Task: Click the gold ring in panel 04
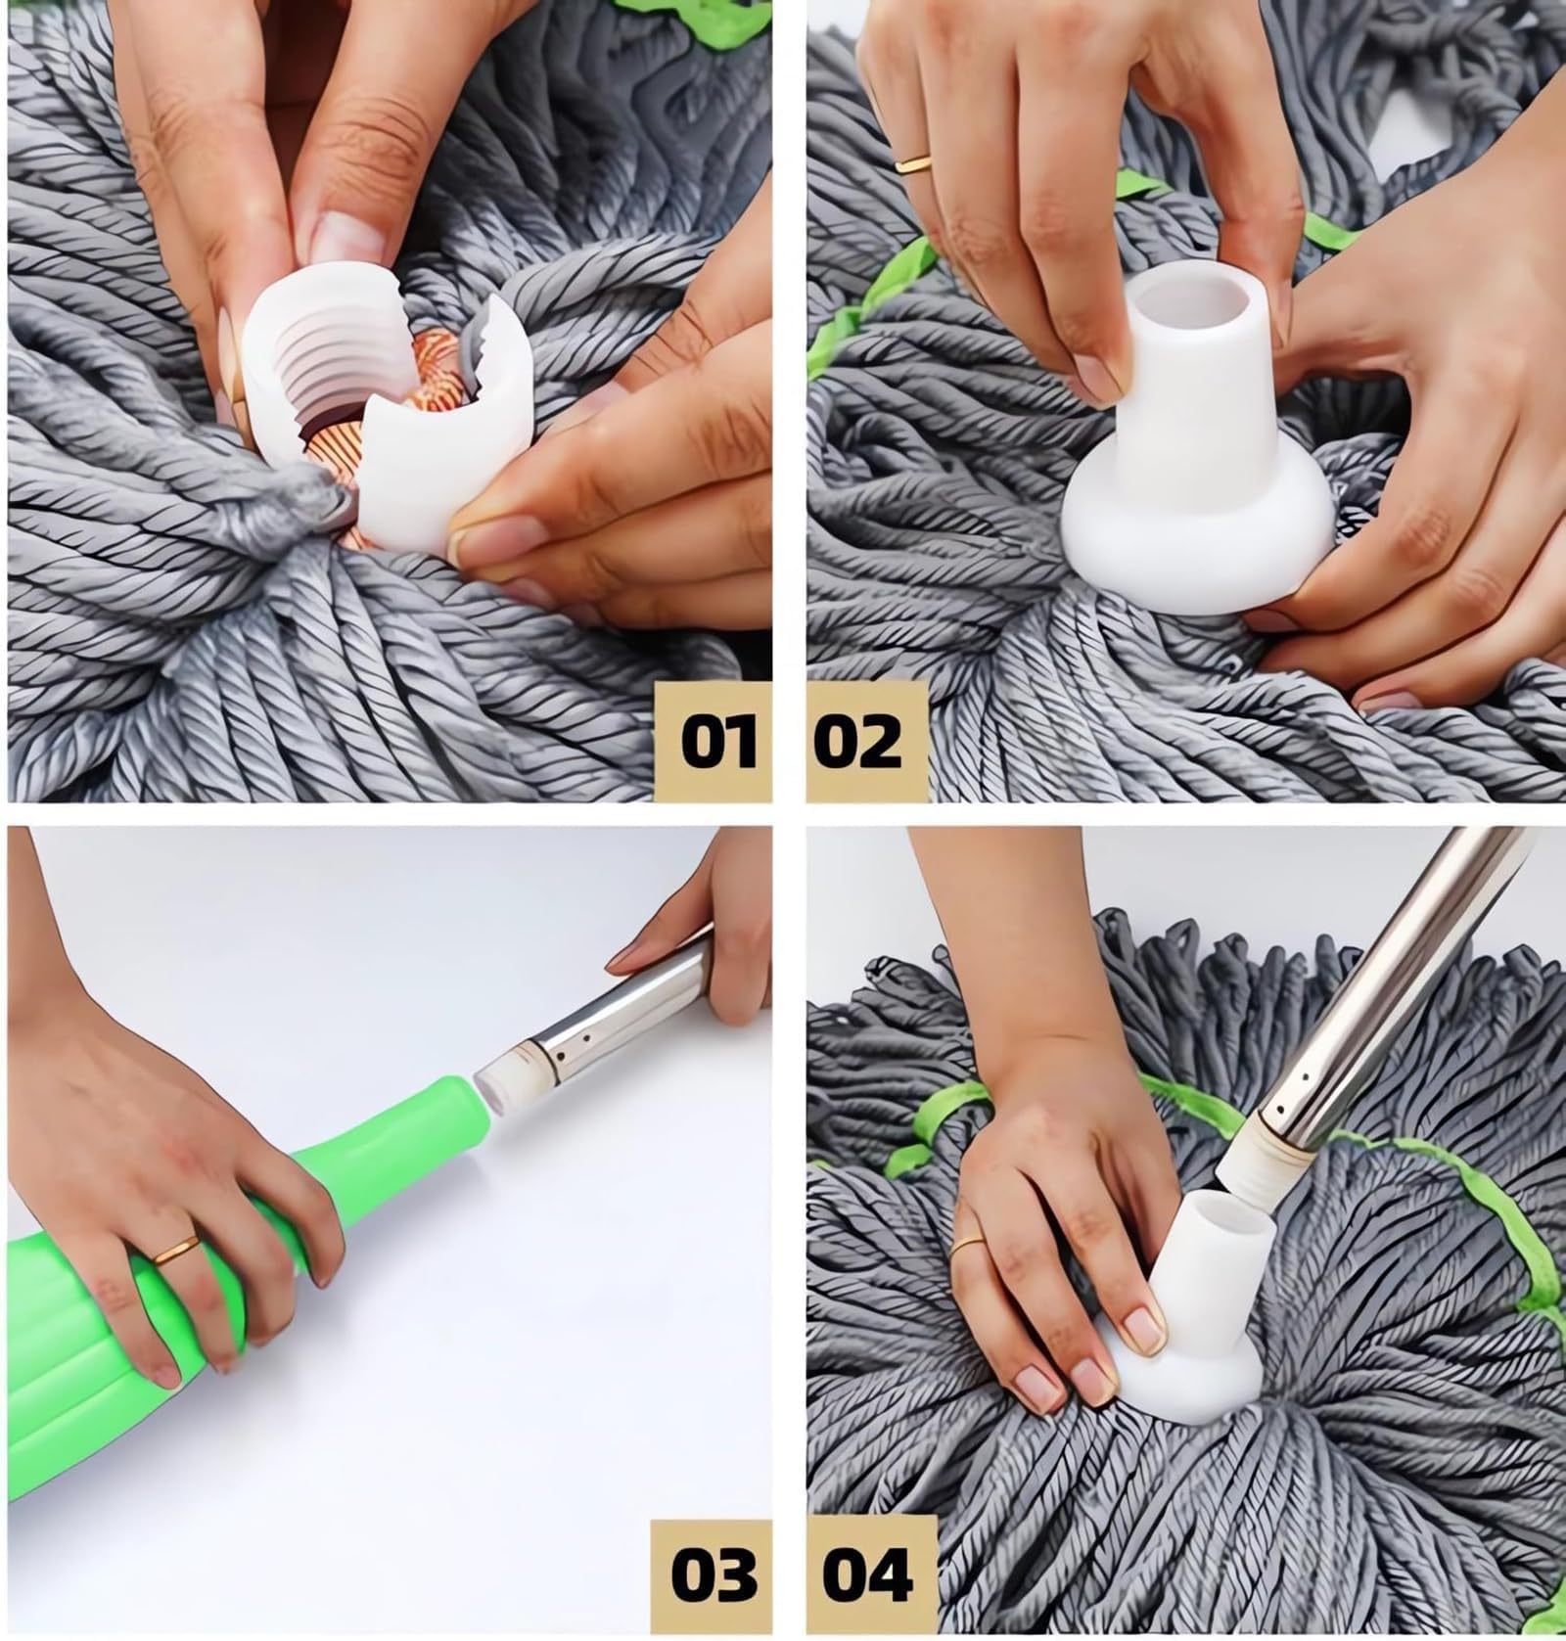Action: click(968, 1243)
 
